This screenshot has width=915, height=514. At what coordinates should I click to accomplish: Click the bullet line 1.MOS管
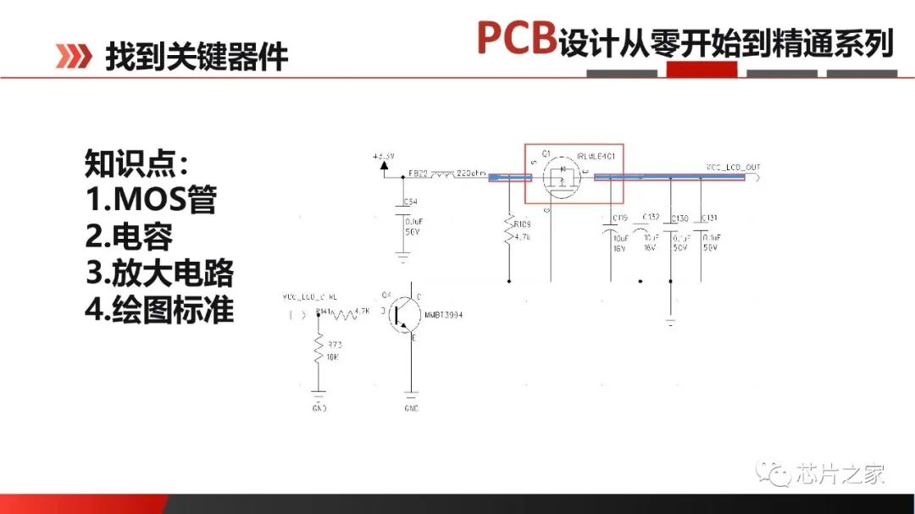(151, 200)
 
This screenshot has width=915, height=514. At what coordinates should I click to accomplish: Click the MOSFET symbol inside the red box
(560, 178)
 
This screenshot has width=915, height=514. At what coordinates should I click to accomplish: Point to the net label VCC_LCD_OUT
(733, 167)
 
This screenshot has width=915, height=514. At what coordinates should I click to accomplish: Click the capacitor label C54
(410, 202)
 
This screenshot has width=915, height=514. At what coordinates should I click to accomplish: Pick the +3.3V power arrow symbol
(384, 164)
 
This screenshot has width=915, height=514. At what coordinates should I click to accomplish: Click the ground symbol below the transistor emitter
(411, 395)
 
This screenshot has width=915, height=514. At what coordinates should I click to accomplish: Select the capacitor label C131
(709, 218)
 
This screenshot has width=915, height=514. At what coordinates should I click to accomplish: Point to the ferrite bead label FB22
(418, 174)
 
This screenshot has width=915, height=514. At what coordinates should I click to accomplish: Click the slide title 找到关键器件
(197, 57)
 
